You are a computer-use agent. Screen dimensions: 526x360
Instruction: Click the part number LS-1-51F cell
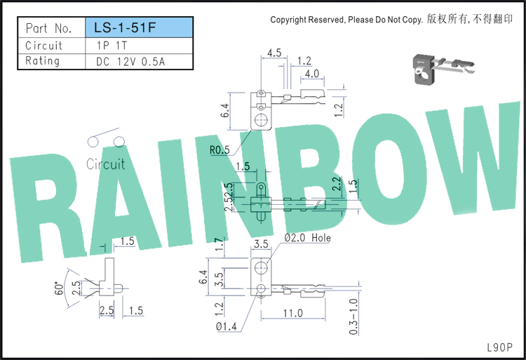point(140,27)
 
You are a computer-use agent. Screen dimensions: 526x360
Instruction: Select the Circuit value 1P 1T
point(112,46)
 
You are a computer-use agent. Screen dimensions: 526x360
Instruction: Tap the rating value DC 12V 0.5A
point(130,61)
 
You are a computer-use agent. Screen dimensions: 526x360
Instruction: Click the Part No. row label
point(49,28)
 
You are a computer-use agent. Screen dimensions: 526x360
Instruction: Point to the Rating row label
point(42,61)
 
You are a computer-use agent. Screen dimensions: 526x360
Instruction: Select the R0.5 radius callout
point(220,150)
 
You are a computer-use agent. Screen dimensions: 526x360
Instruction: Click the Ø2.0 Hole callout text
point(308,237)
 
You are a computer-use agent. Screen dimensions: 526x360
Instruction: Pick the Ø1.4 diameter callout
point(226,326)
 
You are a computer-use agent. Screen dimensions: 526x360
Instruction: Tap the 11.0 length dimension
point(293,313)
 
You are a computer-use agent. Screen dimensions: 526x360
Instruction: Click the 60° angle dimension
point(59,288)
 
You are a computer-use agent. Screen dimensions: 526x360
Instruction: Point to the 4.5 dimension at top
point(274,53)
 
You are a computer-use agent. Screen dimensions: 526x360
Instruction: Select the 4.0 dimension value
point(312,74)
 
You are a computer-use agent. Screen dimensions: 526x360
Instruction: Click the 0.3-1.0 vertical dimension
point(353,316)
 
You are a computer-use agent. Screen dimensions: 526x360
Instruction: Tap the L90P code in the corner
point(500,347)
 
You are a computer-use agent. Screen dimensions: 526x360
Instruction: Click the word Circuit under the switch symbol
point(105,164)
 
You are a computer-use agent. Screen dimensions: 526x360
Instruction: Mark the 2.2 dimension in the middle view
point(337,184)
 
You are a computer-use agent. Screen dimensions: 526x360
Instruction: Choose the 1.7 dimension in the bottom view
point(219,244)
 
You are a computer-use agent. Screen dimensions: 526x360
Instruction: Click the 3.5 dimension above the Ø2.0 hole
point(261,244)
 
